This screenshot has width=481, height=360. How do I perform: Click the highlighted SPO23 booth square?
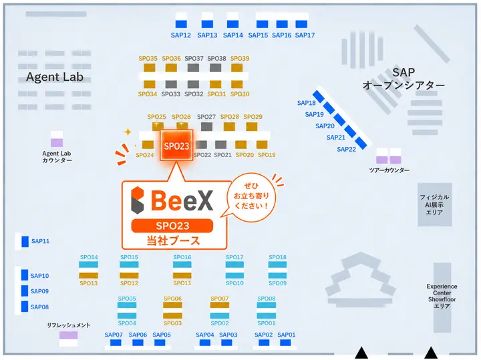(176, 145)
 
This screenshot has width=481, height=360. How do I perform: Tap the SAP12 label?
(180, 35)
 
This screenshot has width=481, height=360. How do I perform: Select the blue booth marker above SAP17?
(301, 24)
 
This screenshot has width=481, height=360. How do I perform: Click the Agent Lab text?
(55, 77)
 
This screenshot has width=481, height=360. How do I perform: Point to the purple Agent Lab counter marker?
(57, 142)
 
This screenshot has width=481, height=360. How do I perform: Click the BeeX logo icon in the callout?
(138, 200)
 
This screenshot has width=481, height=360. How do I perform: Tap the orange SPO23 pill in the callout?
(172, 226)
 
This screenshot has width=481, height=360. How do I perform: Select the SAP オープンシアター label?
(404, 79)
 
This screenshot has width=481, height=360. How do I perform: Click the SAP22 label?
(346, 150)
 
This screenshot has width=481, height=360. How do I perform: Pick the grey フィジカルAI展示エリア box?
(435, 204)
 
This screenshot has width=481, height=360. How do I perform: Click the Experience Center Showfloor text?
(442, 297)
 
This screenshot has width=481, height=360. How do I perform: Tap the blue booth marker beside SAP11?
(25, 241)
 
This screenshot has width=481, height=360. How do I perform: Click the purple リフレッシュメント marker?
(68, 335)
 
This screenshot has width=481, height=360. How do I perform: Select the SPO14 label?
(89, 257)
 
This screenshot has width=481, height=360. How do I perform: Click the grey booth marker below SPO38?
(216, 67)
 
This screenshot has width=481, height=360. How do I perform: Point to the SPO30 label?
(240, 94)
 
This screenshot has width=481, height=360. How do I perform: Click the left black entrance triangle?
(361, 353)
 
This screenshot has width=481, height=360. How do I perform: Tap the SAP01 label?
(287, 335)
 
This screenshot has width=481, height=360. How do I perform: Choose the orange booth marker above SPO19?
(262, 144)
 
